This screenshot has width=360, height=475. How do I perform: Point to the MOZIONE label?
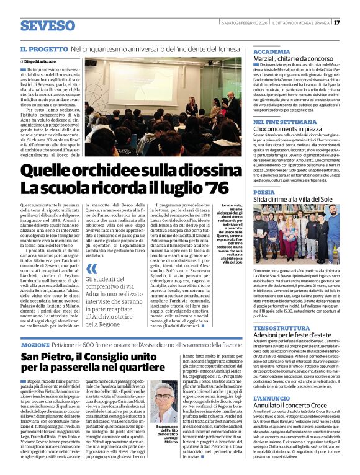(x=35, y=344)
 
